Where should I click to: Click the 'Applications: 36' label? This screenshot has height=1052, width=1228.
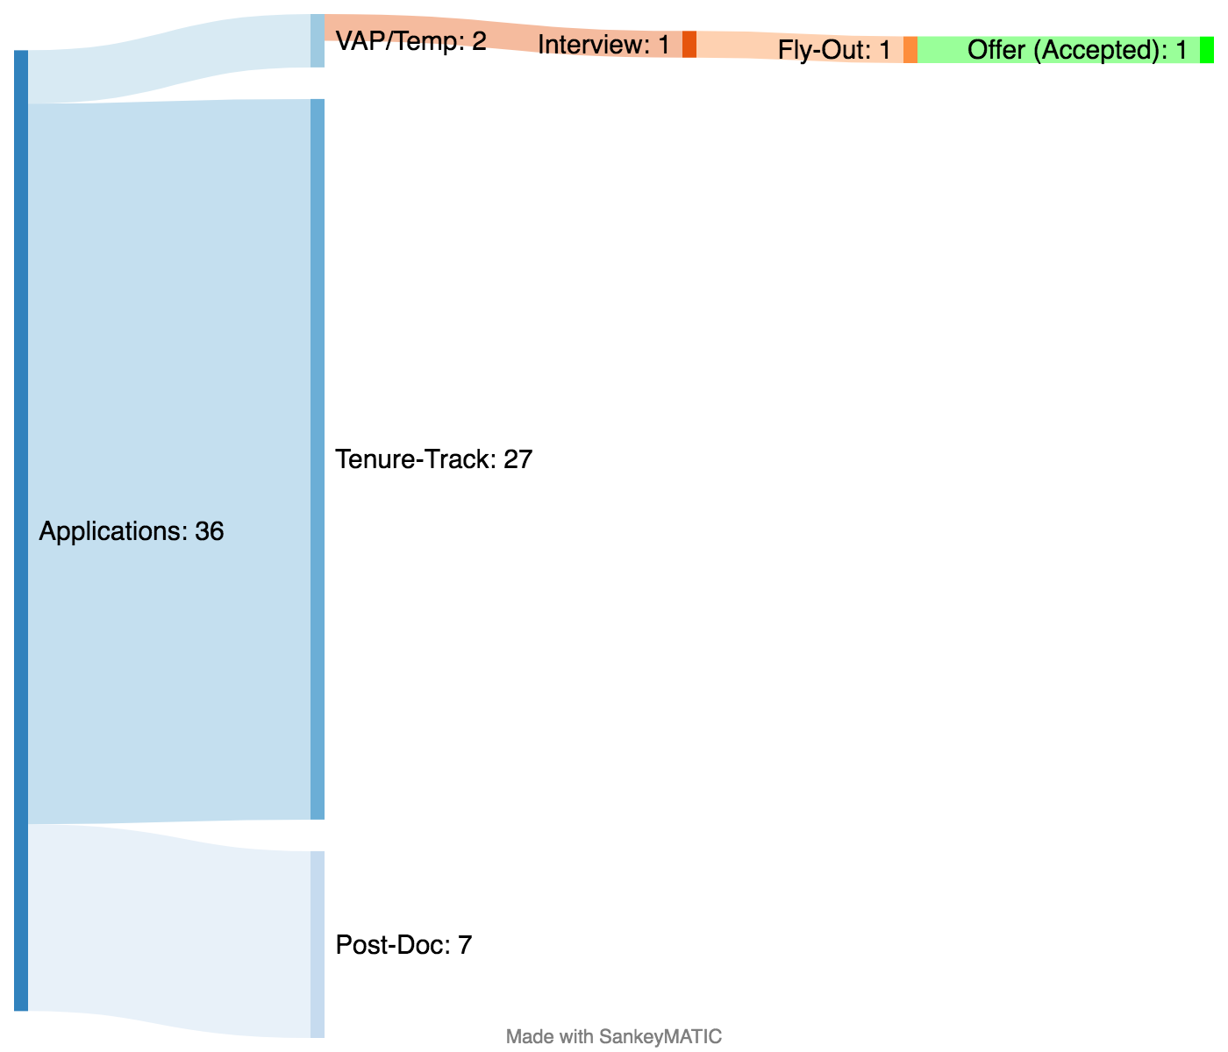[132, 531]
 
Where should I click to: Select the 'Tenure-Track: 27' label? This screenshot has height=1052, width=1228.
[433, 459]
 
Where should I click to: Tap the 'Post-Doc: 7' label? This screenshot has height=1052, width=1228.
[403, 945]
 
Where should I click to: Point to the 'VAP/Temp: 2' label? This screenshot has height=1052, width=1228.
[411, 41]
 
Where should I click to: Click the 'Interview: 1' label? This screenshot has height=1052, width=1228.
[603, 44]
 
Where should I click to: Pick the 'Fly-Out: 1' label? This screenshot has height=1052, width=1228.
[834, 50]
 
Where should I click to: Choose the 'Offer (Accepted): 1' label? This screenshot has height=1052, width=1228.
[1077, 50]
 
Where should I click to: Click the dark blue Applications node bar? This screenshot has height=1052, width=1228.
[21, 530]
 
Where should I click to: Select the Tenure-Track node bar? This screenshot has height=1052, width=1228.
[318, 459]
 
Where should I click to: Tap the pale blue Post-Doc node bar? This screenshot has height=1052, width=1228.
[318, 944]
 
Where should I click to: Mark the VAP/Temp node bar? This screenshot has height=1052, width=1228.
[318, 41]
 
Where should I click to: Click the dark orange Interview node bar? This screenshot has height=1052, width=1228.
[689, 44]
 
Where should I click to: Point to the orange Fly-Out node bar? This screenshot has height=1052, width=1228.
[910, 50]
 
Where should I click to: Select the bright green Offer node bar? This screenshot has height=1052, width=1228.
[1207, 50]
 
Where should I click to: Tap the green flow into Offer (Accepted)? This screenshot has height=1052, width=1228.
[943, 50]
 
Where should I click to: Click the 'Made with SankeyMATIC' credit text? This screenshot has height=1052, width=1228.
[614, 1036]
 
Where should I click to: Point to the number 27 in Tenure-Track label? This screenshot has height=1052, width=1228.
[518, 459]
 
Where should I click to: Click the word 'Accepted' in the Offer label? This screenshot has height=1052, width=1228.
[1101, 50]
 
